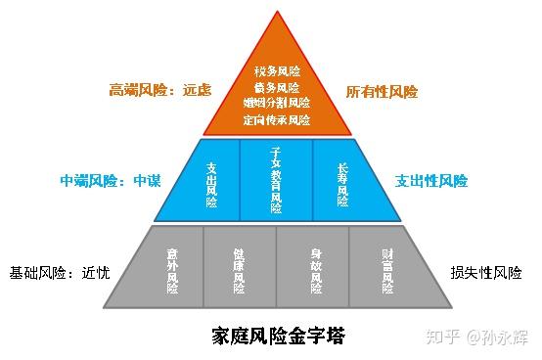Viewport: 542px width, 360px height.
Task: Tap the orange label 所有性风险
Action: coord(382,91)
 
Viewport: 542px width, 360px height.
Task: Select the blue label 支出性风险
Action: coord(431,181)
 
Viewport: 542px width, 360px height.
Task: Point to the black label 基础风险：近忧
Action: coord(57,273)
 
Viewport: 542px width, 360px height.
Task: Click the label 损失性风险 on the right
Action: coord(486,273)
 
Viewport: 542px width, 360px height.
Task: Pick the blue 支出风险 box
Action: coord(211,180)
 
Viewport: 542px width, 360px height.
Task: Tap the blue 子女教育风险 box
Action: coord(276,180)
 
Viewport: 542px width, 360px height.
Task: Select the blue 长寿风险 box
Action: coord(341,180)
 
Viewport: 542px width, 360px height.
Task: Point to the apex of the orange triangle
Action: coord(277,12)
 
